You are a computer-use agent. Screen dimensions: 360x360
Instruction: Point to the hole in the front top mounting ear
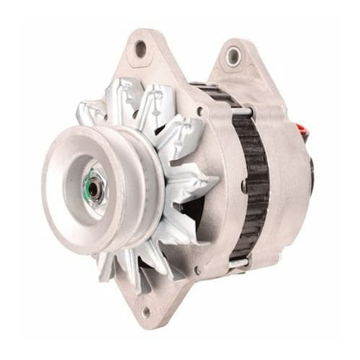[140, 49]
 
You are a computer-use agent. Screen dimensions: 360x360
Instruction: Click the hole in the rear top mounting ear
[233, 56]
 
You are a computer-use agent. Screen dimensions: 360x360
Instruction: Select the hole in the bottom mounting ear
[145, 312]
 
